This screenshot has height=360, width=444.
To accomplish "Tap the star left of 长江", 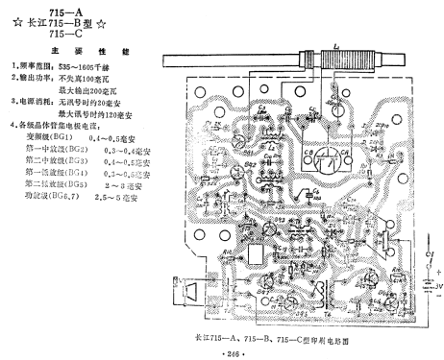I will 14,21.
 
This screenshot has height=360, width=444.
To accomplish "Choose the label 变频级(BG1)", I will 50,137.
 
